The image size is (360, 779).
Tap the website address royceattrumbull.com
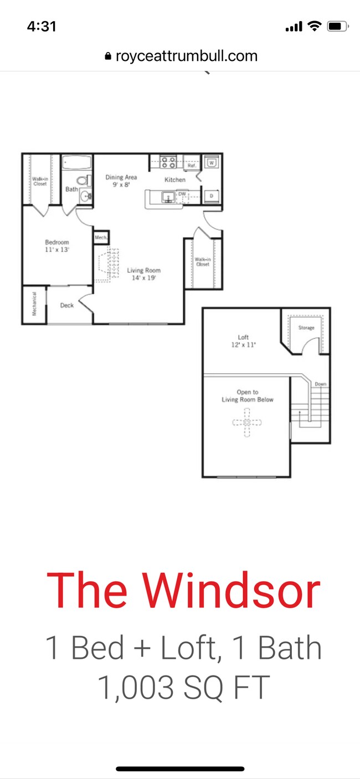click(x=186, y=56)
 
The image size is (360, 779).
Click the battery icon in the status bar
click(x=336, y=26)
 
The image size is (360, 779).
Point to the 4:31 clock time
click(x=42, y=26)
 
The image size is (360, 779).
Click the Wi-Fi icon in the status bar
click(x=314, y=26)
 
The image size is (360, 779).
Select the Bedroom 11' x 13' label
click(x=57, y=246)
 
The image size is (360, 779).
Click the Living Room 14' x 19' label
click(x=144, y=274)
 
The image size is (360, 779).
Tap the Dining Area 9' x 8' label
click(x=121, y=181)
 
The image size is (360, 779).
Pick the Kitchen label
click(x=174, y=180)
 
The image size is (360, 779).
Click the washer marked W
click(x=212, y=163)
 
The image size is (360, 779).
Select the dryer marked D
click(x=212, y=195)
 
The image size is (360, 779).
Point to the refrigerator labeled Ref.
click(x=192, y=165)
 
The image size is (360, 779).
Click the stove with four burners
click(x=168, y=162)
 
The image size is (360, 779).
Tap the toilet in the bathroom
click(x=83, y=180)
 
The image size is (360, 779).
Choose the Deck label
click(x=67, y=305)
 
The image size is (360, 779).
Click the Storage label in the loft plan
click(x=306, y=328)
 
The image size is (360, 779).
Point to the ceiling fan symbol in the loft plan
click(x=247, y=422)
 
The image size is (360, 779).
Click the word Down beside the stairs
click(x=321, y=384)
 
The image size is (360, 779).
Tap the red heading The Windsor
click(x=183, y=590)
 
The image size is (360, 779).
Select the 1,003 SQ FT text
click(x=183, y=687)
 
